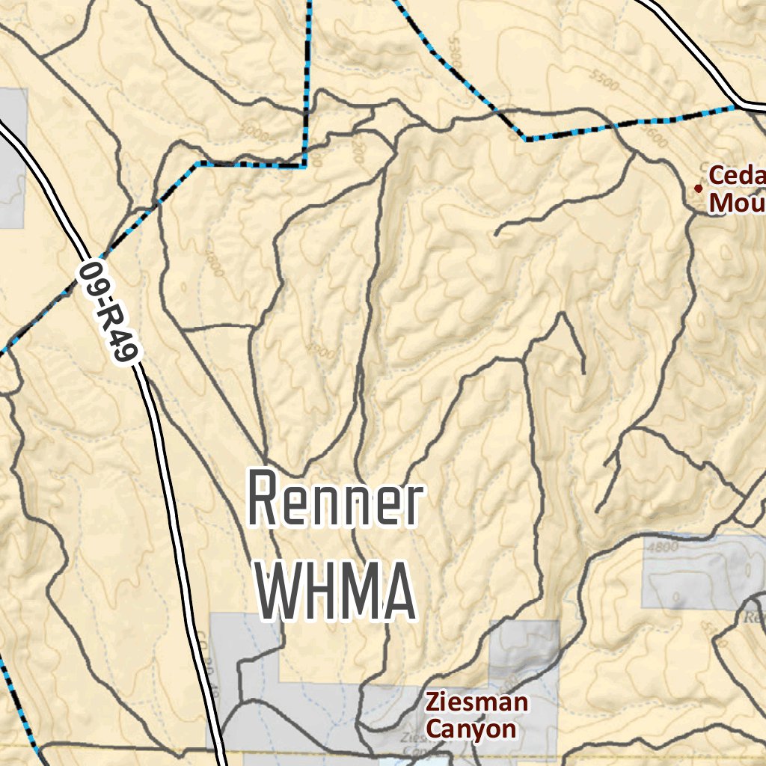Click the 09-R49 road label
tap(109, 312)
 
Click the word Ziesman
tap(477, 703)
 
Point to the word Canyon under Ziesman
tap(471, 729)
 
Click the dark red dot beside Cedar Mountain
tap(699, 189)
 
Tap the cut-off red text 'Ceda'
tap(737, 176)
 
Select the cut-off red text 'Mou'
tap(737, 202)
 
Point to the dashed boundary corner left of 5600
tap(527, 138)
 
